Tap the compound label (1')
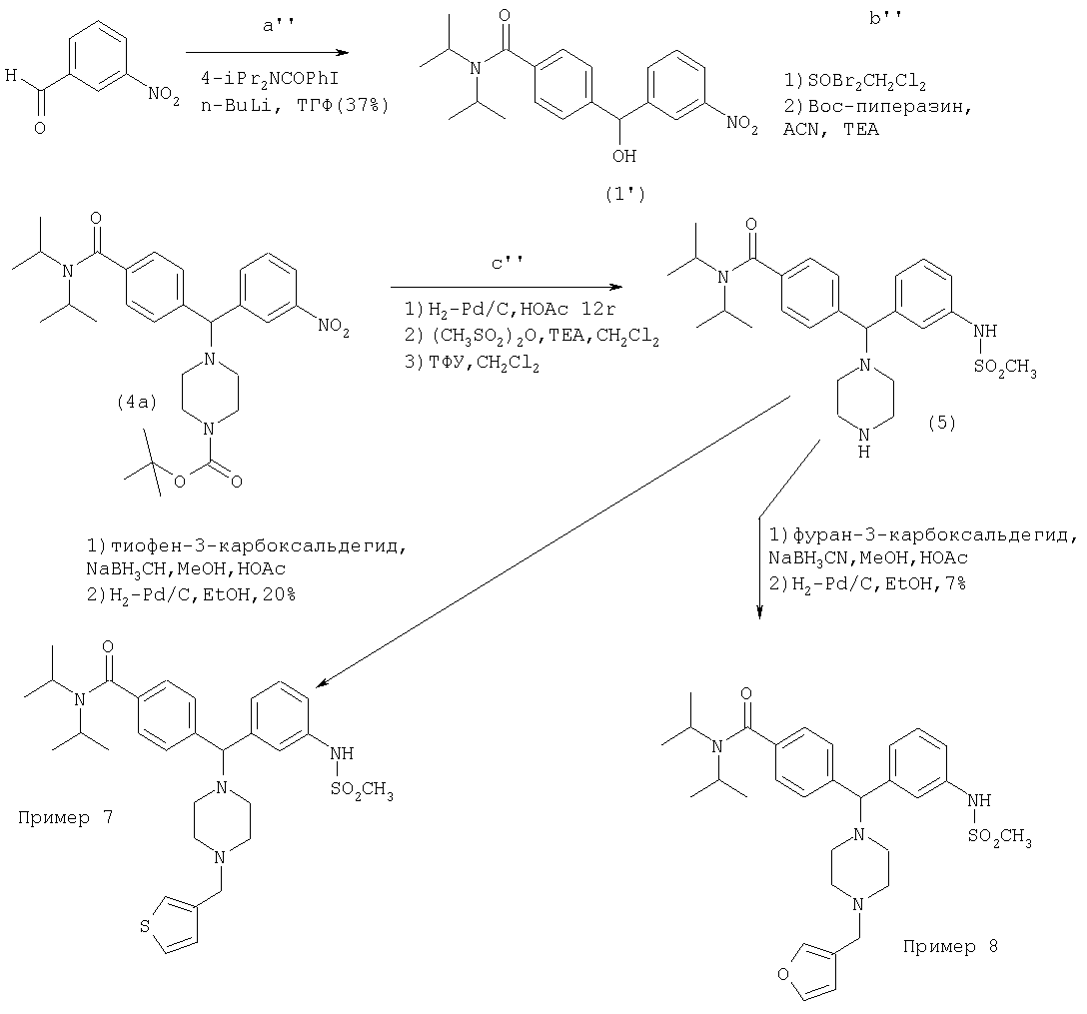point(625,196)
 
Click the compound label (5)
point(941,423)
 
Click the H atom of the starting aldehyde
point(10,74)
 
